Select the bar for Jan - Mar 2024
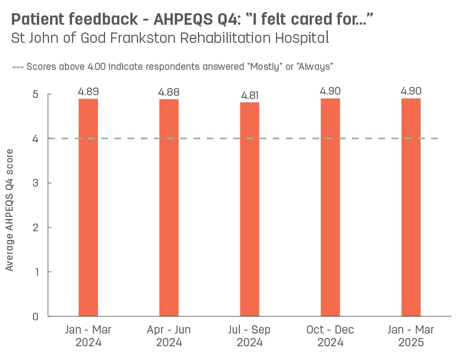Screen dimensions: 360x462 [x=88, y=208]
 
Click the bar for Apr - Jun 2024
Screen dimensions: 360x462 [x=169, y=208]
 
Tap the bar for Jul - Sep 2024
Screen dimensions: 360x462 [x=250, y=209]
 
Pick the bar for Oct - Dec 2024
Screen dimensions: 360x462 [x=330, y=208]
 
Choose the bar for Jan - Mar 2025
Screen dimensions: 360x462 [x=411, y=208]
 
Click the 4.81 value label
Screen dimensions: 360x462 [x=250, y=95]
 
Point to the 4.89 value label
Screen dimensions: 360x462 [x=88, y=91]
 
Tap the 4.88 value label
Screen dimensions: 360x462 [x=169, y=92]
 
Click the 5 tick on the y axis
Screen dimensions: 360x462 [x=35, y=95]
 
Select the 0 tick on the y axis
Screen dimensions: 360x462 [x=35, y=317]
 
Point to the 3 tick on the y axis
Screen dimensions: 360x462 [x=35, y=183]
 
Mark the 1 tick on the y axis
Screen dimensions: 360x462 [x=35, y=272]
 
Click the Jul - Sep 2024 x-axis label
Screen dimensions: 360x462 [x=250, y=336]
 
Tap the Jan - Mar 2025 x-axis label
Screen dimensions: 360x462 [x=411, y=336]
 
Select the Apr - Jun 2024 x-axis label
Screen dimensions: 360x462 [x=169, y=336]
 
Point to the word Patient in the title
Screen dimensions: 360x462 [x=37, y=20]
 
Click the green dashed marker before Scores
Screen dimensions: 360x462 [x=18, y=67]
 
